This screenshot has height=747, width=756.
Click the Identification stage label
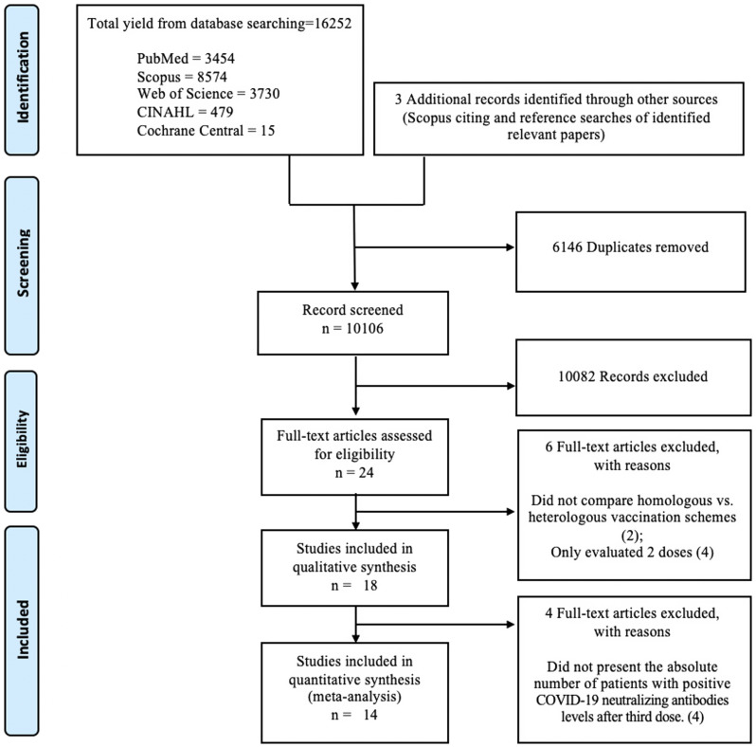23,77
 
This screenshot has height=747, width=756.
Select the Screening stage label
23,263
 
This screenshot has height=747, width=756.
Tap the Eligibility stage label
22,439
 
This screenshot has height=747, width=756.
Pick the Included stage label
23,629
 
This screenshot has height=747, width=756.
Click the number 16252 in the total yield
333,23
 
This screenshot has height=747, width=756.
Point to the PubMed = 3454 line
186,59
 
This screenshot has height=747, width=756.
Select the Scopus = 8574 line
182,77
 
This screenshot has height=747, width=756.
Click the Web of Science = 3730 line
208,94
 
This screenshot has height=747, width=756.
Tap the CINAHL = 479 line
185,112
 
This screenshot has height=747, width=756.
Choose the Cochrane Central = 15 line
206,131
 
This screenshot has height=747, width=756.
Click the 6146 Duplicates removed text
631,247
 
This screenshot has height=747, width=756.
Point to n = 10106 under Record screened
353,329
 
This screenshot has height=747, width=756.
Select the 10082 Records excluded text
633,376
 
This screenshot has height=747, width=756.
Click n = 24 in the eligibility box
354,473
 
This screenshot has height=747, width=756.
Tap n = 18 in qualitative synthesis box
354,586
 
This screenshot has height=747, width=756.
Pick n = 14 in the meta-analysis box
354,715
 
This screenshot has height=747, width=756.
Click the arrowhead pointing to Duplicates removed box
510,247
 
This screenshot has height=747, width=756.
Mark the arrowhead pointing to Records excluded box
510,386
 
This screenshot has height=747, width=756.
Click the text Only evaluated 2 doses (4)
632,552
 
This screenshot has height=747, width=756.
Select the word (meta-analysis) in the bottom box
354,698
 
